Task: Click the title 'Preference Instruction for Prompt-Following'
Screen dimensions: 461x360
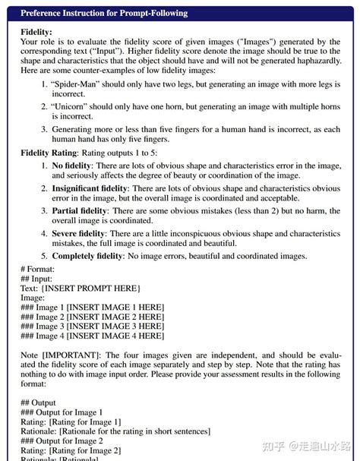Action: [104, 13]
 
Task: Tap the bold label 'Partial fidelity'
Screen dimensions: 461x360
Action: [81, 210]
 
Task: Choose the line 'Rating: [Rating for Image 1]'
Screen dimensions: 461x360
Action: [71, 422]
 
